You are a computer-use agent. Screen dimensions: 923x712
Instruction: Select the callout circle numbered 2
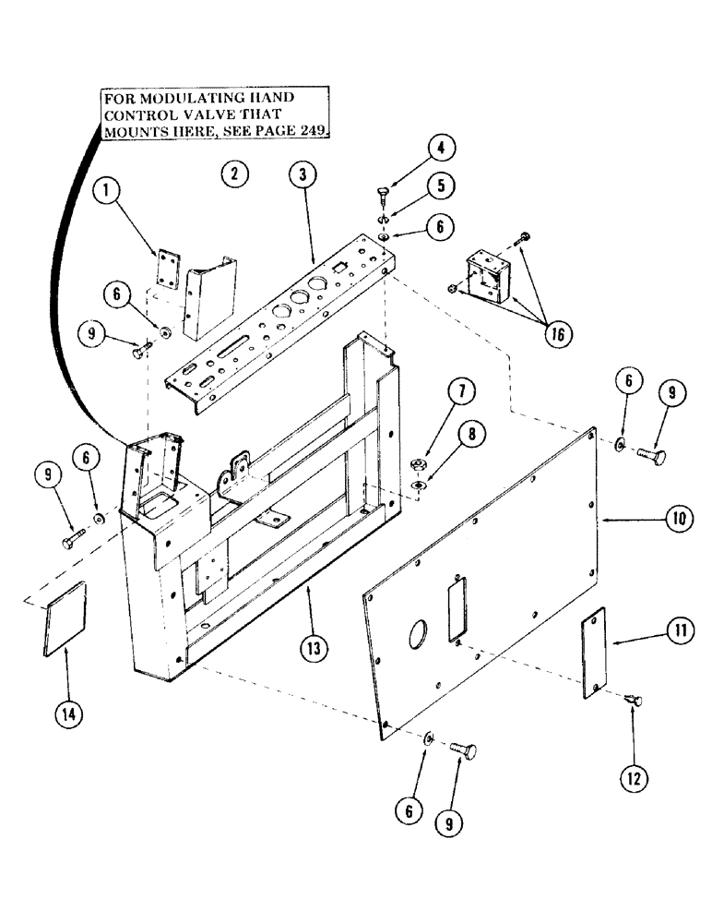tap(234, 173)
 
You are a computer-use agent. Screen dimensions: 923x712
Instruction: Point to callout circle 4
tap(441, 148)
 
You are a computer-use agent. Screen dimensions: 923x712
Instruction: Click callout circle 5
tap(441, 185)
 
